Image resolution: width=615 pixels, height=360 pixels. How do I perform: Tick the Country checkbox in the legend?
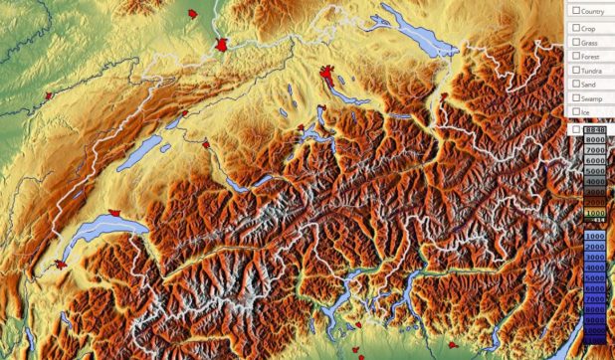[x=575, y=11]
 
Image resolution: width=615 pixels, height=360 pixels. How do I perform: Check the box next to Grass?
[x=575, y=42]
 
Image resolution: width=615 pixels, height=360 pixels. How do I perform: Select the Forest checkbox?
[x=575, y=56]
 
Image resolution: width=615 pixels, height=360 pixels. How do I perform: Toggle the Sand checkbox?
[x=575, y=85]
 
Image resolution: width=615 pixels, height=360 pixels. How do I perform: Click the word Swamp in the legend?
[x=593, y=98]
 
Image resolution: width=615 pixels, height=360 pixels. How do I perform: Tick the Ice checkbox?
[x=575, y=112]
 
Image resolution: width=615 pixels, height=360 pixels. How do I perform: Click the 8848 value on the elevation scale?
[x=595, y=130]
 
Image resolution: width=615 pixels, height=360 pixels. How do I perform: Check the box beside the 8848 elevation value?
[x=576, y=130]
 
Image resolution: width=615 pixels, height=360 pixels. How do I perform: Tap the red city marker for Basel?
[x=223, y=46]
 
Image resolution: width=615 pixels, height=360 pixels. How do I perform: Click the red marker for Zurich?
[x=328, y=75]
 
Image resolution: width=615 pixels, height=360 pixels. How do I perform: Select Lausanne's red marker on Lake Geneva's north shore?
[x=117, y=213]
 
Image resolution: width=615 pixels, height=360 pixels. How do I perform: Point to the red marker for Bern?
[x=206, y=144]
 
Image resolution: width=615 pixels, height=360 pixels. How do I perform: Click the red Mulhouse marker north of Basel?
[x=192, y=14]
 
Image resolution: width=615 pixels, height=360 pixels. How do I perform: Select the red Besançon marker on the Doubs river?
[x=47, y=95]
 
